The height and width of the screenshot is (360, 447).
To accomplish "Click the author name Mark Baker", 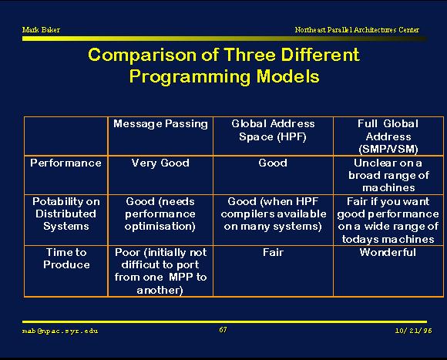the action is coord(41,29).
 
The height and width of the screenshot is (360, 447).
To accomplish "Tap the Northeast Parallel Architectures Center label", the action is coord(357,29).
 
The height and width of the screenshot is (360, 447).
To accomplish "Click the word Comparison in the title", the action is coord(142,56).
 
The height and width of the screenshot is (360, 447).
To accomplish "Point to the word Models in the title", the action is coord(288,76).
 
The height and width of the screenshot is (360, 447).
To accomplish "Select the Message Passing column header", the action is coord(160,124).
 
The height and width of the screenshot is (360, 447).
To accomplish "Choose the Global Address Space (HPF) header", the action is coord(273,130).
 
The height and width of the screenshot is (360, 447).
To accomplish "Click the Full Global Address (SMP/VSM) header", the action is coord(388,136).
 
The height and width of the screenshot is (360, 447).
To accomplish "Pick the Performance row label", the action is coord(66,163).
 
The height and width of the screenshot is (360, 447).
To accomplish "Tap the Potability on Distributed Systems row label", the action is coord(66,214).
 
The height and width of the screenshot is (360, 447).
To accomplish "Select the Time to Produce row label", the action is coord(66,258).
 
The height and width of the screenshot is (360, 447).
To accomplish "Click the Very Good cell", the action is coord(160,163).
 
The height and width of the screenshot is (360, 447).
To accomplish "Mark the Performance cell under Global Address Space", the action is coord(273,163).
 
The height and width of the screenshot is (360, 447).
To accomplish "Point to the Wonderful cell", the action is coord(388,252).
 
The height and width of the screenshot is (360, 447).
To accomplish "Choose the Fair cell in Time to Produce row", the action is coord(273,252).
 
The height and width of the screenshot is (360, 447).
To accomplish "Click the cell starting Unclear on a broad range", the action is coord(388,175).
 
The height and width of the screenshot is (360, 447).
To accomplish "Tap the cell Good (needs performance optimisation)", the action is coord(160,214).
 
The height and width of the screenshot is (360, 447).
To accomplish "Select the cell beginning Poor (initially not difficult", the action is coord(160,271).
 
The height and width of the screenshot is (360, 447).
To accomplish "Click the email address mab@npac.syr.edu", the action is coord(60,331).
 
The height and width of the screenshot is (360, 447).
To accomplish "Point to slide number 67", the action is coord(223,330).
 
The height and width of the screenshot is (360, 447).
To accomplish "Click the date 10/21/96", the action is coord(413,331).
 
